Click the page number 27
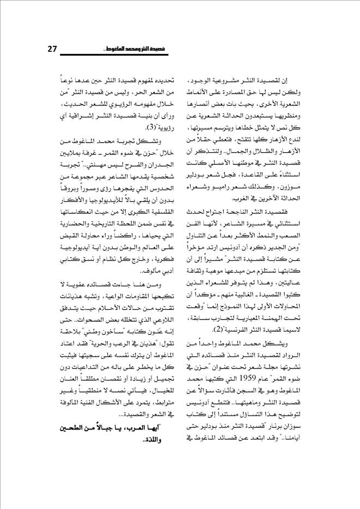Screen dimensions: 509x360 tap(53, 50)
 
